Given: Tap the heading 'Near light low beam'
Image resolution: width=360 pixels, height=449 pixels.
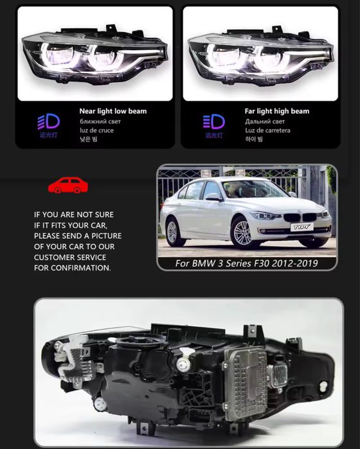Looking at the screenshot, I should [113, 111].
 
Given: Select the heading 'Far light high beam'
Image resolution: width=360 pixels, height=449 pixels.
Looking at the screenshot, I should [276, 111].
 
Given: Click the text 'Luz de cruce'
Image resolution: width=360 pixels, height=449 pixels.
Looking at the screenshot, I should [98, 130].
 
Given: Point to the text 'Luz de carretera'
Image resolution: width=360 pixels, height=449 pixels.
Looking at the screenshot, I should [267, 130].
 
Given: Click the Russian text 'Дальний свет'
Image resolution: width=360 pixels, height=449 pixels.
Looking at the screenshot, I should [264, 121].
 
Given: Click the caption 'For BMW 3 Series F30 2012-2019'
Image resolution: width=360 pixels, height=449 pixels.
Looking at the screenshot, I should [247, 263].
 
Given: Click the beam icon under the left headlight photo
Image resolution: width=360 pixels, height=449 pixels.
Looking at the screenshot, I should [48, 121].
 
